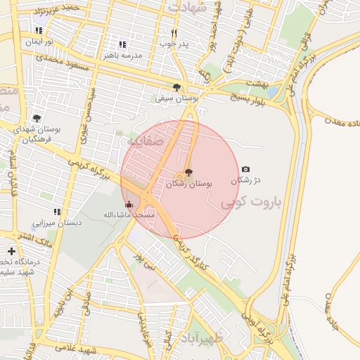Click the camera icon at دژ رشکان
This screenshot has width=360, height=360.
(x=245, y=169)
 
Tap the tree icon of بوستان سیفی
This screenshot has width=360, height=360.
(x=176, y=88)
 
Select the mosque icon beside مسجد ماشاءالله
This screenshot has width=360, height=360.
(x=128, y=205)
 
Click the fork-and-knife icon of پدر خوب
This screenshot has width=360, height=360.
(x=174, y=33)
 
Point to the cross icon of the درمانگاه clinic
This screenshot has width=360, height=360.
(x=11, y=251)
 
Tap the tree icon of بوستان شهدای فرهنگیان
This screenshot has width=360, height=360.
(x=37, y=119)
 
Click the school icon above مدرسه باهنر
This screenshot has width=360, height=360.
(x=122, y=44)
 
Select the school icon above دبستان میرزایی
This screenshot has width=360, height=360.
(x=57, y=211)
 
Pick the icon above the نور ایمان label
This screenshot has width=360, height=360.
(x=38, y=30)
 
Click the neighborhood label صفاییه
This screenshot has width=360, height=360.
(x=145, y=141)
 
